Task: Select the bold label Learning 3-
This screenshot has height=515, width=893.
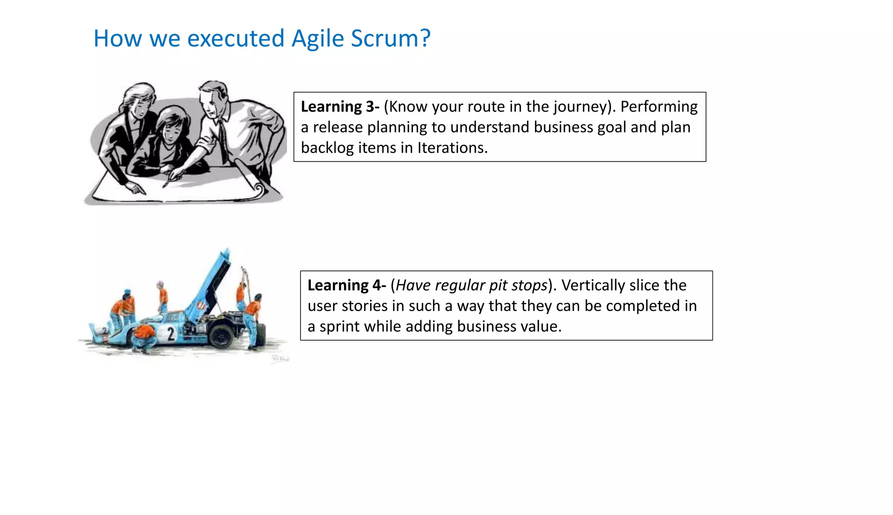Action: point(340,107)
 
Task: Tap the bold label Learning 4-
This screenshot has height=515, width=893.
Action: point(347,285)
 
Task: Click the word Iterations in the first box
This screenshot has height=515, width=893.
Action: point(452,148)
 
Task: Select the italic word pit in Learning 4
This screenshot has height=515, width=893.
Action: point(498,285)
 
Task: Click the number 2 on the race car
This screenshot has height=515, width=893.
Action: point(170,334)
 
